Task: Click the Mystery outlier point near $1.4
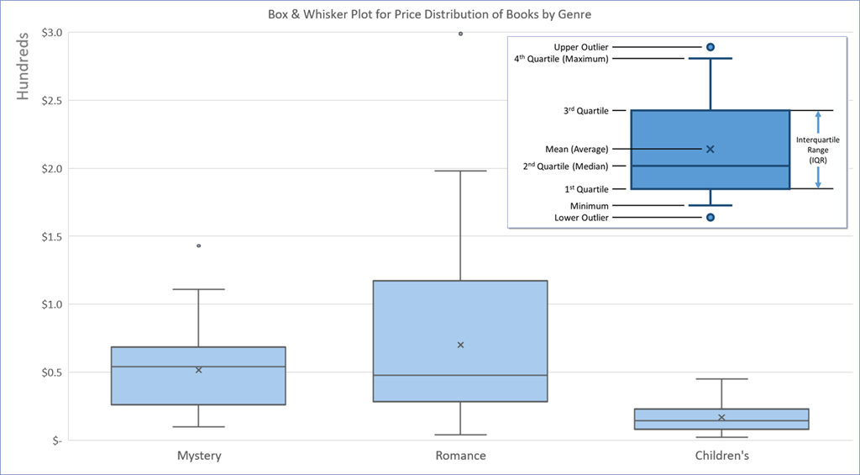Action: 198,245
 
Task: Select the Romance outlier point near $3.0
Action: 460,34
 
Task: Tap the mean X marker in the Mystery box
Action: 198,370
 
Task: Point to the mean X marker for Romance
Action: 460,345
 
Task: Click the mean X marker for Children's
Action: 721,417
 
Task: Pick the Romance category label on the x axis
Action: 460,456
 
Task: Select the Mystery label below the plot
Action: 199,456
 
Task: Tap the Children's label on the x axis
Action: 721,456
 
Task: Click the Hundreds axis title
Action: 24,66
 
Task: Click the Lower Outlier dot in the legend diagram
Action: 711,218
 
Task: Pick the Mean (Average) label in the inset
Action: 576,150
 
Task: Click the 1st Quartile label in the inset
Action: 587,189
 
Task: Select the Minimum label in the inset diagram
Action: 589,206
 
